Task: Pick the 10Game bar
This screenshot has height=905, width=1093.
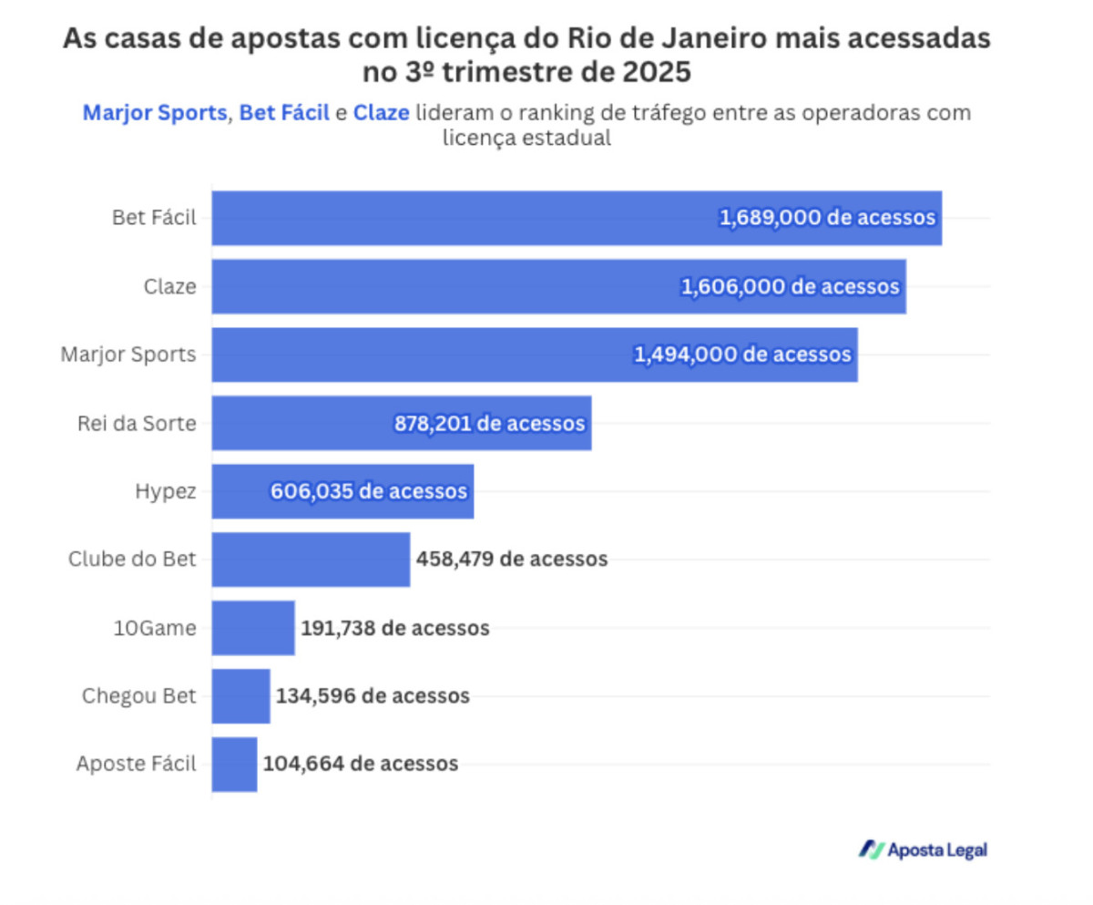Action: [253, 628]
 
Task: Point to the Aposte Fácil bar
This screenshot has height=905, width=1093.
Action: [234, 764]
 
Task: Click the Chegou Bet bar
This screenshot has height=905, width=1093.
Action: [240, 696]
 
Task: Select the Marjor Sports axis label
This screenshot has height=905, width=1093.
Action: [128, 355]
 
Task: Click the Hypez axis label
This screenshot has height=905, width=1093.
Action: [165, 491]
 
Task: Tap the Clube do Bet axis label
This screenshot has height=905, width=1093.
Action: [132, 560]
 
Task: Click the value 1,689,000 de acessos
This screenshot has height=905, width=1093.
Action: [827, 219]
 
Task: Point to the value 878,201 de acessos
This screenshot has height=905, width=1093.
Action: [489, 424]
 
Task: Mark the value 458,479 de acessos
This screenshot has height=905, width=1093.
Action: [512, 560]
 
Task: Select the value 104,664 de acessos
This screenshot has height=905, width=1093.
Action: [361, 764]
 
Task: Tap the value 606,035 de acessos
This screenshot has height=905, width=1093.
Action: [369, 492]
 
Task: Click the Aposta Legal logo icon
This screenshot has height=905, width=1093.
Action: [872, 849]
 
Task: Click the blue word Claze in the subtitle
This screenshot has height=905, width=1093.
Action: [381, 114]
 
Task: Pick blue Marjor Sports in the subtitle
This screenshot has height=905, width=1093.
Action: [154, 114]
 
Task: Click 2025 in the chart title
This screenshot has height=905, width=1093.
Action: [658, 70]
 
